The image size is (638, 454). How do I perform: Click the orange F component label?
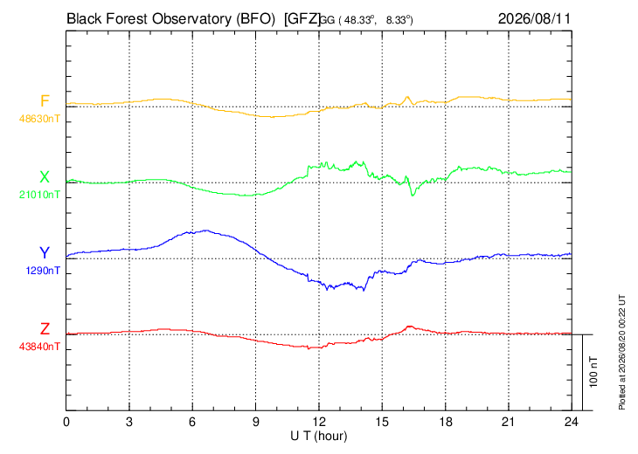click(x=45, y=100)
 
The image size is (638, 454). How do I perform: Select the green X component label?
click(x=45, y=177)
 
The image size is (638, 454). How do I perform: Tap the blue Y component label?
click(x=45, y=253)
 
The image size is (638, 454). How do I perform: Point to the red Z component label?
click(x=45, y=329)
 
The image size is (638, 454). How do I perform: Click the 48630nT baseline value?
click(x=39, y=119)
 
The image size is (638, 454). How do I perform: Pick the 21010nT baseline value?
click(x=39, y=195)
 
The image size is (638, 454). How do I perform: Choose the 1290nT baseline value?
click(x=43, y=271)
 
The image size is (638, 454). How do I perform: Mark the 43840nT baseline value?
click(x=39, y=347)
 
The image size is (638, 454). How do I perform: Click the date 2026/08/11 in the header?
click(x=534, y=18)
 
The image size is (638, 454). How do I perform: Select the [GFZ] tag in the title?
click(x=302, y=19)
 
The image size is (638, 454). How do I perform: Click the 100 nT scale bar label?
click(x=593, y=372)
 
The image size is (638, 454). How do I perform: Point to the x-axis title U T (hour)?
click(x=319, y=437)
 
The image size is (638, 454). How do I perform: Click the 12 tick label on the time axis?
click(x=319, y=422)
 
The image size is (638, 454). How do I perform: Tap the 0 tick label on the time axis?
click(x=66, y=422)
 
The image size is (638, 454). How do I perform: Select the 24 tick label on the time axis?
click(x=572, y=422)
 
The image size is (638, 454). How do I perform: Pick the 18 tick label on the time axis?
click(x=446, y=422)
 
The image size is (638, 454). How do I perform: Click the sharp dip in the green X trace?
click(x=413, y=195)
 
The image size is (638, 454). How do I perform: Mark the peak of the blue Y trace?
click(x=206, y=230)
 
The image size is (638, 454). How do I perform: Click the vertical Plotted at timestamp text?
click(x=622, y=352)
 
